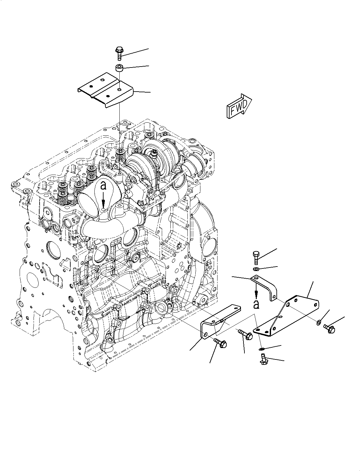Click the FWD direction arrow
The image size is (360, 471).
[x=239, y=106]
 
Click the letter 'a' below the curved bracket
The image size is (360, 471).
[x=256, y=304]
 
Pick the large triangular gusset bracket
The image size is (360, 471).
[x=287, y=317]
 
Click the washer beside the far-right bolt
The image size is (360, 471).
[x=318, y=323]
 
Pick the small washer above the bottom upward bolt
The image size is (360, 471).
[x=261, y=349]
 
